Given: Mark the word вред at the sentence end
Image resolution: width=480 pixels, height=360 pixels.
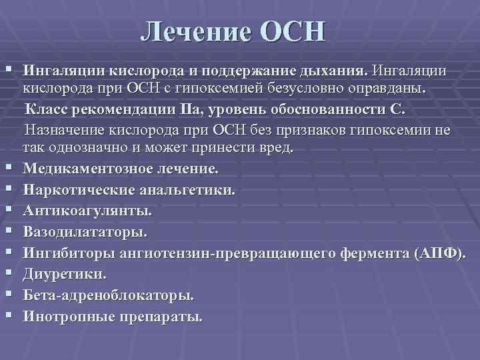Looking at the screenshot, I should point(277,146).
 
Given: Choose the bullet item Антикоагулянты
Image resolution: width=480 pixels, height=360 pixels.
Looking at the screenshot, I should point(87,211).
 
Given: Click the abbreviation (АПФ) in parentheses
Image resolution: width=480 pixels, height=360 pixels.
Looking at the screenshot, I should point(441,253).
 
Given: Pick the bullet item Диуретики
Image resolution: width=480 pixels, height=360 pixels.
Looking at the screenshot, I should point(65,275).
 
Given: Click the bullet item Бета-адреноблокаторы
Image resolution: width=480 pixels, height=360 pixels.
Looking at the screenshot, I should point(109,295).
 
